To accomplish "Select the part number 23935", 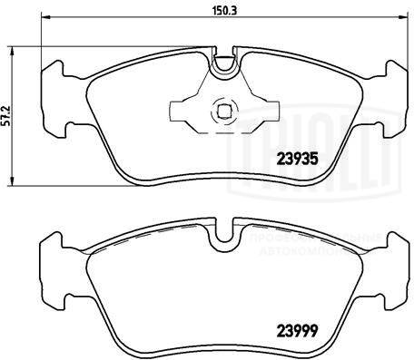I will click(x=294, y=155).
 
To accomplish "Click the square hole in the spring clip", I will click(x=219, y=112).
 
